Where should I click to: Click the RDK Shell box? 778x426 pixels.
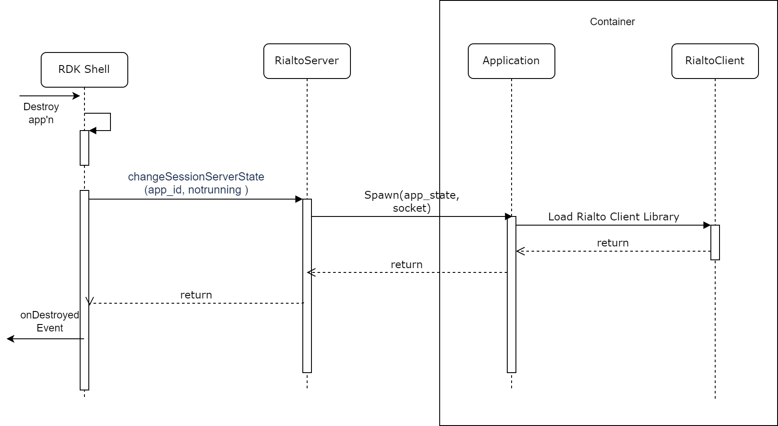click(x=84, y=70)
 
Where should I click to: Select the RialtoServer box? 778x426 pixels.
click(x=307, y=61)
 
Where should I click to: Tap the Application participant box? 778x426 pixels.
click(x=511, y=61)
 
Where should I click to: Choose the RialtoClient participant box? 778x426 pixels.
click(x=715, y=61)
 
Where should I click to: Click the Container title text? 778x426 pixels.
click(x=612, y=22)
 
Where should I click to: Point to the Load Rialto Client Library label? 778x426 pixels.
click(x=613, y=217)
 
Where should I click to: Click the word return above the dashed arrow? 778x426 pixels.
click(x=613, y=243)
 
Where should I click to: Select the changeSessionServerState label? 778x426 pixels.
click(x=196, y=177)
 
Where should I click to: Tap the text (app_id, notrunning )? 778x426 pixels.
click(x=196, y=190)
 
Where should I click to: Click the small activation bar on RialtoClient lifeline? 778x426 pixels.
click(x=715, y=242)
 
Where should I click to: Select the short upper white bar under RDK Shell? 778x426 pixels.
click(x=84, y=147)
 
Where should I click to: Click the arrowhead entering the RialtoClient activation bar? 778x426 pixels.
click(x=707, y=225)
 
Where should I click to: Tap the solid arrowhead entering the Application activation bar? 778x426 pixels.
click(x=509, y=216)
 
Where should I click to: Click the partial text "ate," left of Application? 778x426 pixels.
click(x=449, y=195)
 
